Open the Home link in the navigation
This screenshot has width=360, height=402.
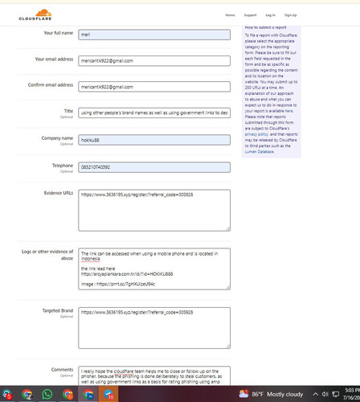click(x=230, y=15)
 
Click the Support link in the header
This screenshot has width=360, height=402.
click(x=250, y=15)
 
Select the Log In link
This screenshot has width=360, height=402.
click(x=270, y=15)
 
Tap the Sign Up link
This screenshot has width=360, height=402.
click(x=290, y=15)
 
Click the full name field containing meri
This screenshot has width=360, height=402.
click(x=154, y=35)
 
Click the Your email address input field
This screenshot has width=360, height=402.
click(x=154, y=60)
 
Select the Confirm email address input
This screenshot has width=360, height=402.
click(x=154, y=86)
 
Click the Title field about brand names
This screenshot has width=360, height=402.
click(x=154, y=113)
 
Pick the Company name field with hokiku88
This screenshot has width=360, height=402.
click(x=154, y=140)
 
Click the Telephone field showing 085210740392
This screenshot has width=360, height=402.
click(x=154, y=167)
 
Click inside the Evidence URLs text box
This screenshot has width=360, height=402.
click(x=154, y=211)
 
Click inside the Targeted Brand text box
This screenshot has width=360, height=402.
click(x=154, y=327)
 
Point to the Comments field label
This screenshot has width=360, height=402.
click(x=62, y=370)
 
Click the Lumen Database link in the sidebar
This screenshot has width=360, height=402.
click(x=260, y=151)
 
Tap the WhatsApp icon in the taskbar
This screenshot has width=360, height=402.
click(x=47, y=395)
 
